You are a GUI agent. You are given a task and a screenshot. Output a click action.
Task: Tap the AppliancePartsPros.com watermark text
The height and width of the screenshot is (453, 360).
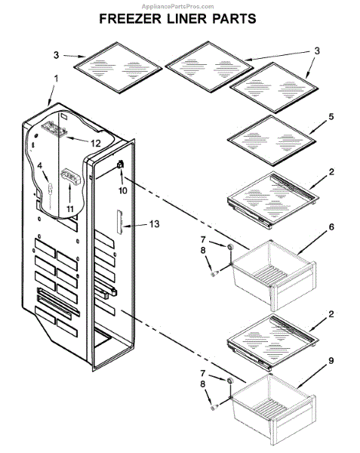point(178,6)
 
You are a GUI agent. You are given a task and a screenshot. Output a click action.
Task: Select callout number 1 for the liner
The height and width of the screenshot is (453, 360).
point(57,79)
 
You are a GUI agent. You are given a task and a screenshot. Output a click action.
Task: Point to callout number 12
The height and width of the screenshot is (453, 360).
point(95,143)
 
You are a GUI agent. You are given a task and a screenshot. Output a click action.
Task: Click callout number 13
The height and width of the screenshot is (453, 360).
point(154,223)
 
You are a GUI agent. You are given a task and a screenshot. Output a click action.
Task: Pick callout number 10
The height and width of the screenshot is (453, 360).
point(123,190)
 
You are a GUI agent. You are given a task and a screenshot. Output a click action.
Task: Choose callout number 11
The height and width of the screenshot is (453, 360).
point(70,208)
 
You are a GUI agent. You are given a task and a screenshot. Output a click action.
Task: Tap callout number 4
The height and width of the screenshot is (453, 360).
point(40,166)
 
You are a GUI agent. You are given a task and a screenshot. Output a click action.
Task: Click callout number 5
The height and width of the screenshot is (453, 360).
point(331,116)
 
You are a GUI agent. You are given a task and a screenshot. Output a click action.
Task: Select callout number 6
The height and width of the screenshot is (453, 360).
point(331,226)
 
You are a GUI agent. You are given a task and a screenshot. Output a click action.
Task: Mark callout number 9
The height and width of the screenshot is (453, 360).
point(331,360)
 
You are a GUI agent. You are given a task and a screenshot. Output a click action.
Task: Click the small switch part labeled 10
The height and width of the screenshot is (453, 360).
point(120,165)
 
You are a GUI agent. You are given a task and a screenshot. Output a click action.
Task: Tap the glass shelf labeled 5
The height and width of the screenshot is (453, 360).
point(272,140)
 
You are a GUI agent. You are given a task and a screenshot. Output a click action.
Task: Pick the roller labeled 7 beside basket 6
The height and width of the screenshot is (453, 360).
point(230,247)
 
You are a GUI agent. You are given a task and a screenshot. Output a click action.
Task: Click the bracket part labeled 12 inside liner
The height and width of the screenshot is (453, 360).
point(54,129)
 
